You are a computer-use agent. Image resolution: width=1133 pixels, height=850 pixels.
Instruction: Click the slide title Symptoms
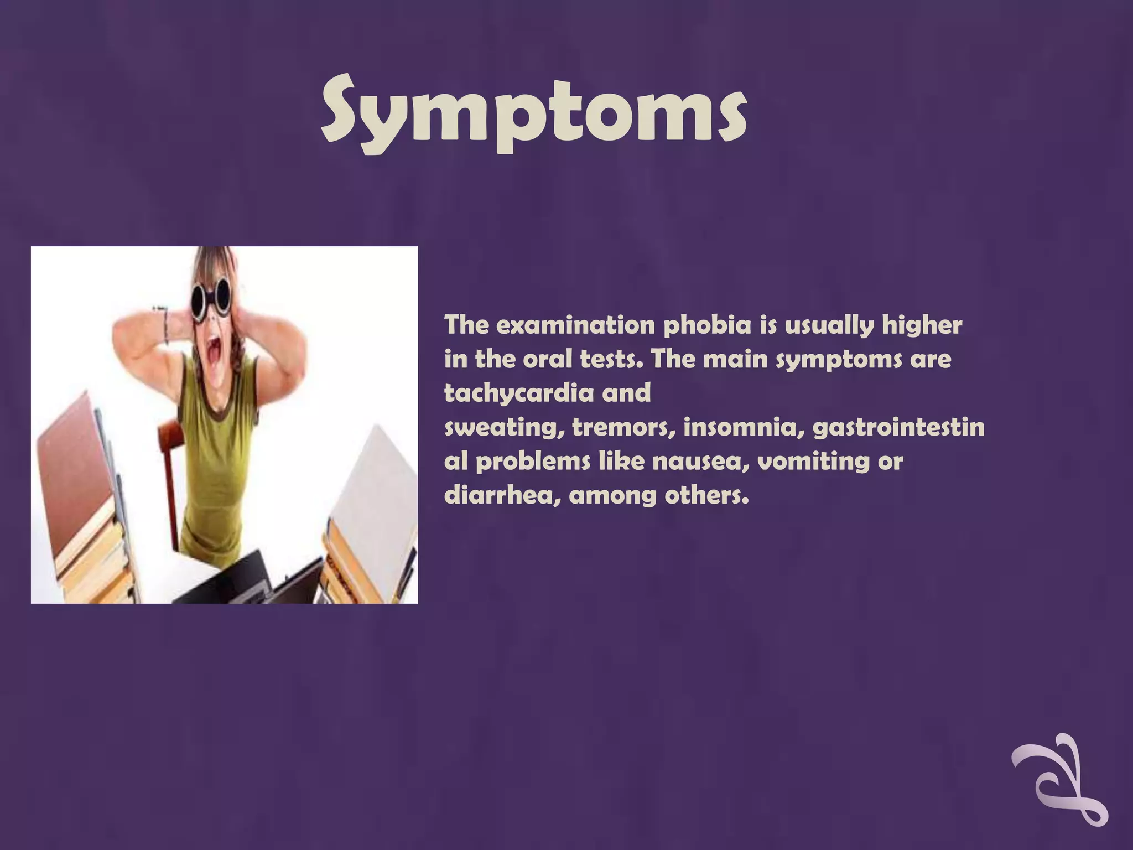[534, 113]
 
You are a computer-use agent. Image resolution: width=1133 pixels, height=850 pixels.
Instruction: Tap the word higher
[922, 325]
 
